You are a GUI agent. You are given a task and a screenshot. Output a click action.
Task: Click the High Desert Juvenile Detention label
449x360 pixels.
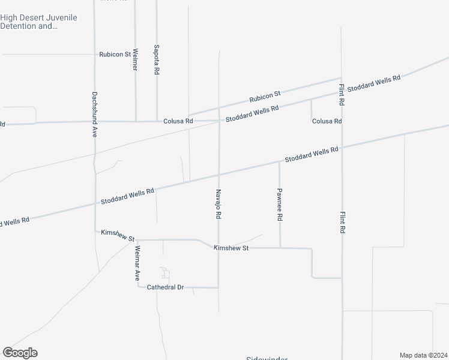tap(38, 22)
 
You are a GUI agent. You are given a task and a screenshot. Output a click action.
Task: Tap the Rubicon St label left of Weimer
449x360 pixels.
tap(115, 54)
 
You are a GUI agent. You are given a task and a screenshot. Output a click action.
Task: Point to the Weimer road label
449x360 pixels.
tap(135, 59)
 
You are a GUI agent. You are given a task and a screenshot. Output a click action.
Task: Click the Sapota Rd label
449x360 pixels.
tap(156, 59)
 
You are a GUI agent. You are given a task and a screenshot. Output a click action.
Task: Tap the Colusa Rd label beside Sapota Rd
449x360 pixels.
tap(178, 121)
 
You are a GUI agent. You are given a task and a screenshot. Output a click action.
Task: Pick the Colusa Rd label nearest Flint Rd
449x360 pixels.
tap(327, 121)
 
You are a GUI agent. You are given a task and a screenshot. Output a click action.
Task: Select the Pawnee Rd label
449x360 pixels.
tap(280, 205)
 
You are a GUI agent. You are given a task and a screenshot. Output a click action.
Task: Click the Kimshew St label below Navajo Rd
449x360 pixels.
tap(231, 247)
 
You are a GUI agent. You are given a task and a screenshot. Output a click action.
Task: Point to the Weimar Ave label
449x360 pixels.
tap(137, 263)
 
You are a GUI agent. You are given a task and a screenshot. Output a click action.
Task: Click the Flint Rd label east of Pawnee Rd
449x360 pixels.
tap(342, 222)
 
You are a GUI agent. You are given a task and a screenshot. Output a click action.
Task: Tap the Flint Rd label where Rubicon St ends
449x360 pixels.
tap(341, 95)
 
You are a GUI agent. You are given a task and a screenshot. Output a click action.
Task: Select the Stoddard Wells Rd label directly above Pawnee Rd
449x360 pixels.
tap(312, 155)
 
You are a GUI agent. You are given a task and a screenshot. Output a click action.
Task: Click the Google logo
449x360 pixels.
tap(20, 353)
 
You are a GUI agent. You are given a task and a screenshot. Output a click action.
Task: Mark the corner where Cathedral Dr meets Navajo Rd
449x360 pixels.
tap(218, 287)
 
